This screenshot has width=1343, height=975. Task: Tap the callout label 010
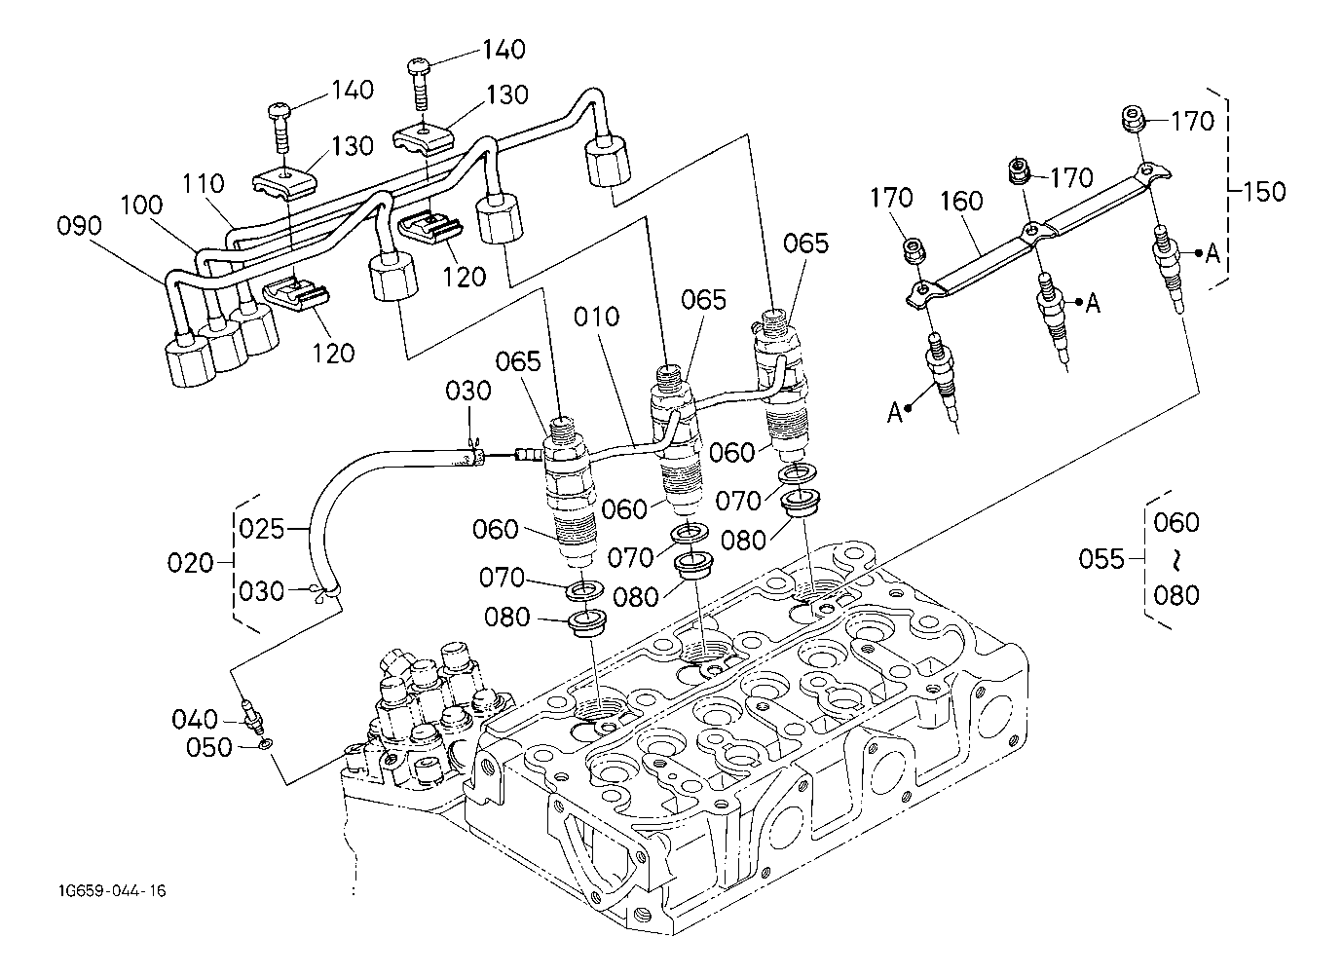(596, 318)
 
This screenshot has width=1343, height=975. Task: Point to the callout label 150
(1264, 191)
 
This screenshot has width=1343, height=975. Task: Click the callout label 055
(1101, 559)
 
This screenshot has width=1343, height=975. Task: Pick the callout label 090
(79, 227)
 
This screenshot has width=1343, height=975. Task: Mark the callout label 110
(203, 183)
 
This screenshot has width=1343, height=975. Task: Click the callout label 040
(195, 720)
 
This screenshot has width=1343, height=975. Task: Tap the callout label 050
(209, 747)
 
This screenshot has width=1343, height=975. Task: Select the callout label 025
(261, 529)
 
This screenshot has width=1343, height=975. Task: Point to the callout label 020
(190, 563)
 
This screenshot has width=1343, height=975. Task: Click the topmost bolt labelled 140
(422, 77)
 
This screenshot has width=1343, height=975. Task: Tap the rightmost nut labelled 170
(1133, 118)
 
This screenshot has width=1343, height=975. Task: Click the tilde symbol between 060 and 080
(1176, 559)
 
